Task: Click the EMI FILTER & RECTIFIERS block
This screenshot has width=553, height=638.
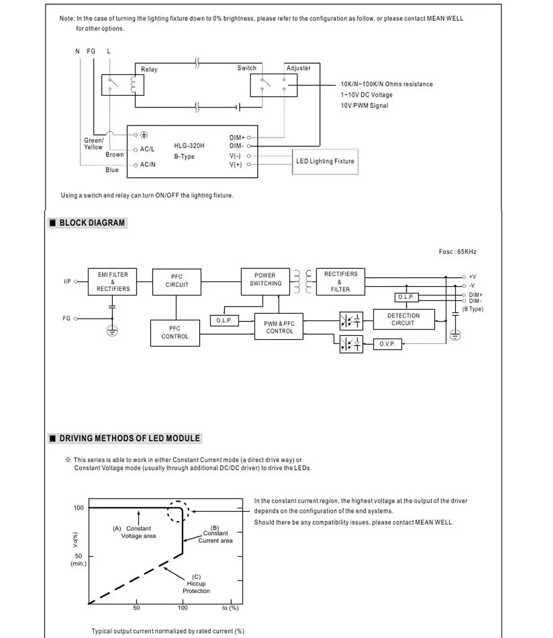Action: [112, 282]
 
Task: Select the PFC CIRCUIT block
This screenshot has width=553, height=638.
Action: [176, 282]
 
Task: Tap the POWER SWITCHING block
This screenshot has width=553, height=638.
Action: [265, 281]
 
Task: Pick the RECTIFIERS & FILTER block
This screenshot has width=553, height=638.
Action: [340, 282]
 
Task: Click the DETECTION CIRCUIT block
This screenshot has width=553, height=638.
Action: [404, 319]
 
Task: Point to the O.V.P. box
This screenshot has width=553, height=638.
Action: [387, 344]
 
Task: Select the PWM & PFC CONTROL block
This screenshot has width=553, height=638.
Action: [279, 326]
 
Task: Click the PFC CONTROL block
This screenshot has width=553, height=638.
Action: [175, 333]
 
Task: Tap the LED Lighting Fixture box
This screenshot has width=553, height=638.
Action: [325, 162]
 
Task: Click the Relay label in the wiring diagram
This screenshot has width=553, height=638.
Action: [149, 70]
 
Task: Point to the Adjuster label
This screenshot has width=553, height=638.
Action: [299, 68]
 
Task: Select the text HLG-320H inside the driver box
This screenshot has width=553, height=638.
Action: [189, 146]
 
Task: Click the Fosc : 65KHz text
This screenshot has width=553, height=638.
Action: [457, 252]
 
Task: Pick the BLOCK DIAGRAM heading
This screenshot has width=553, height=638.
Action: [92, 223]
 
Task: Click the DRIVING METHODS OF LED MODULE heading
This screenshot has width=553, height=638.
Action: [130, 439]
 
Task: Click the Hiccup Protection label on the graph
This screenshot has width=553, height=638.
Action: [196, 584]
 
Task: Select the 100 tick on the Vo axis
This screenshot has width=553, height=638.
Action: [79, 508]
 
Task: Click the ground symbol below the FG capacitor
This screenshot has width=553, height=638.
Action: [112, 331]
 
